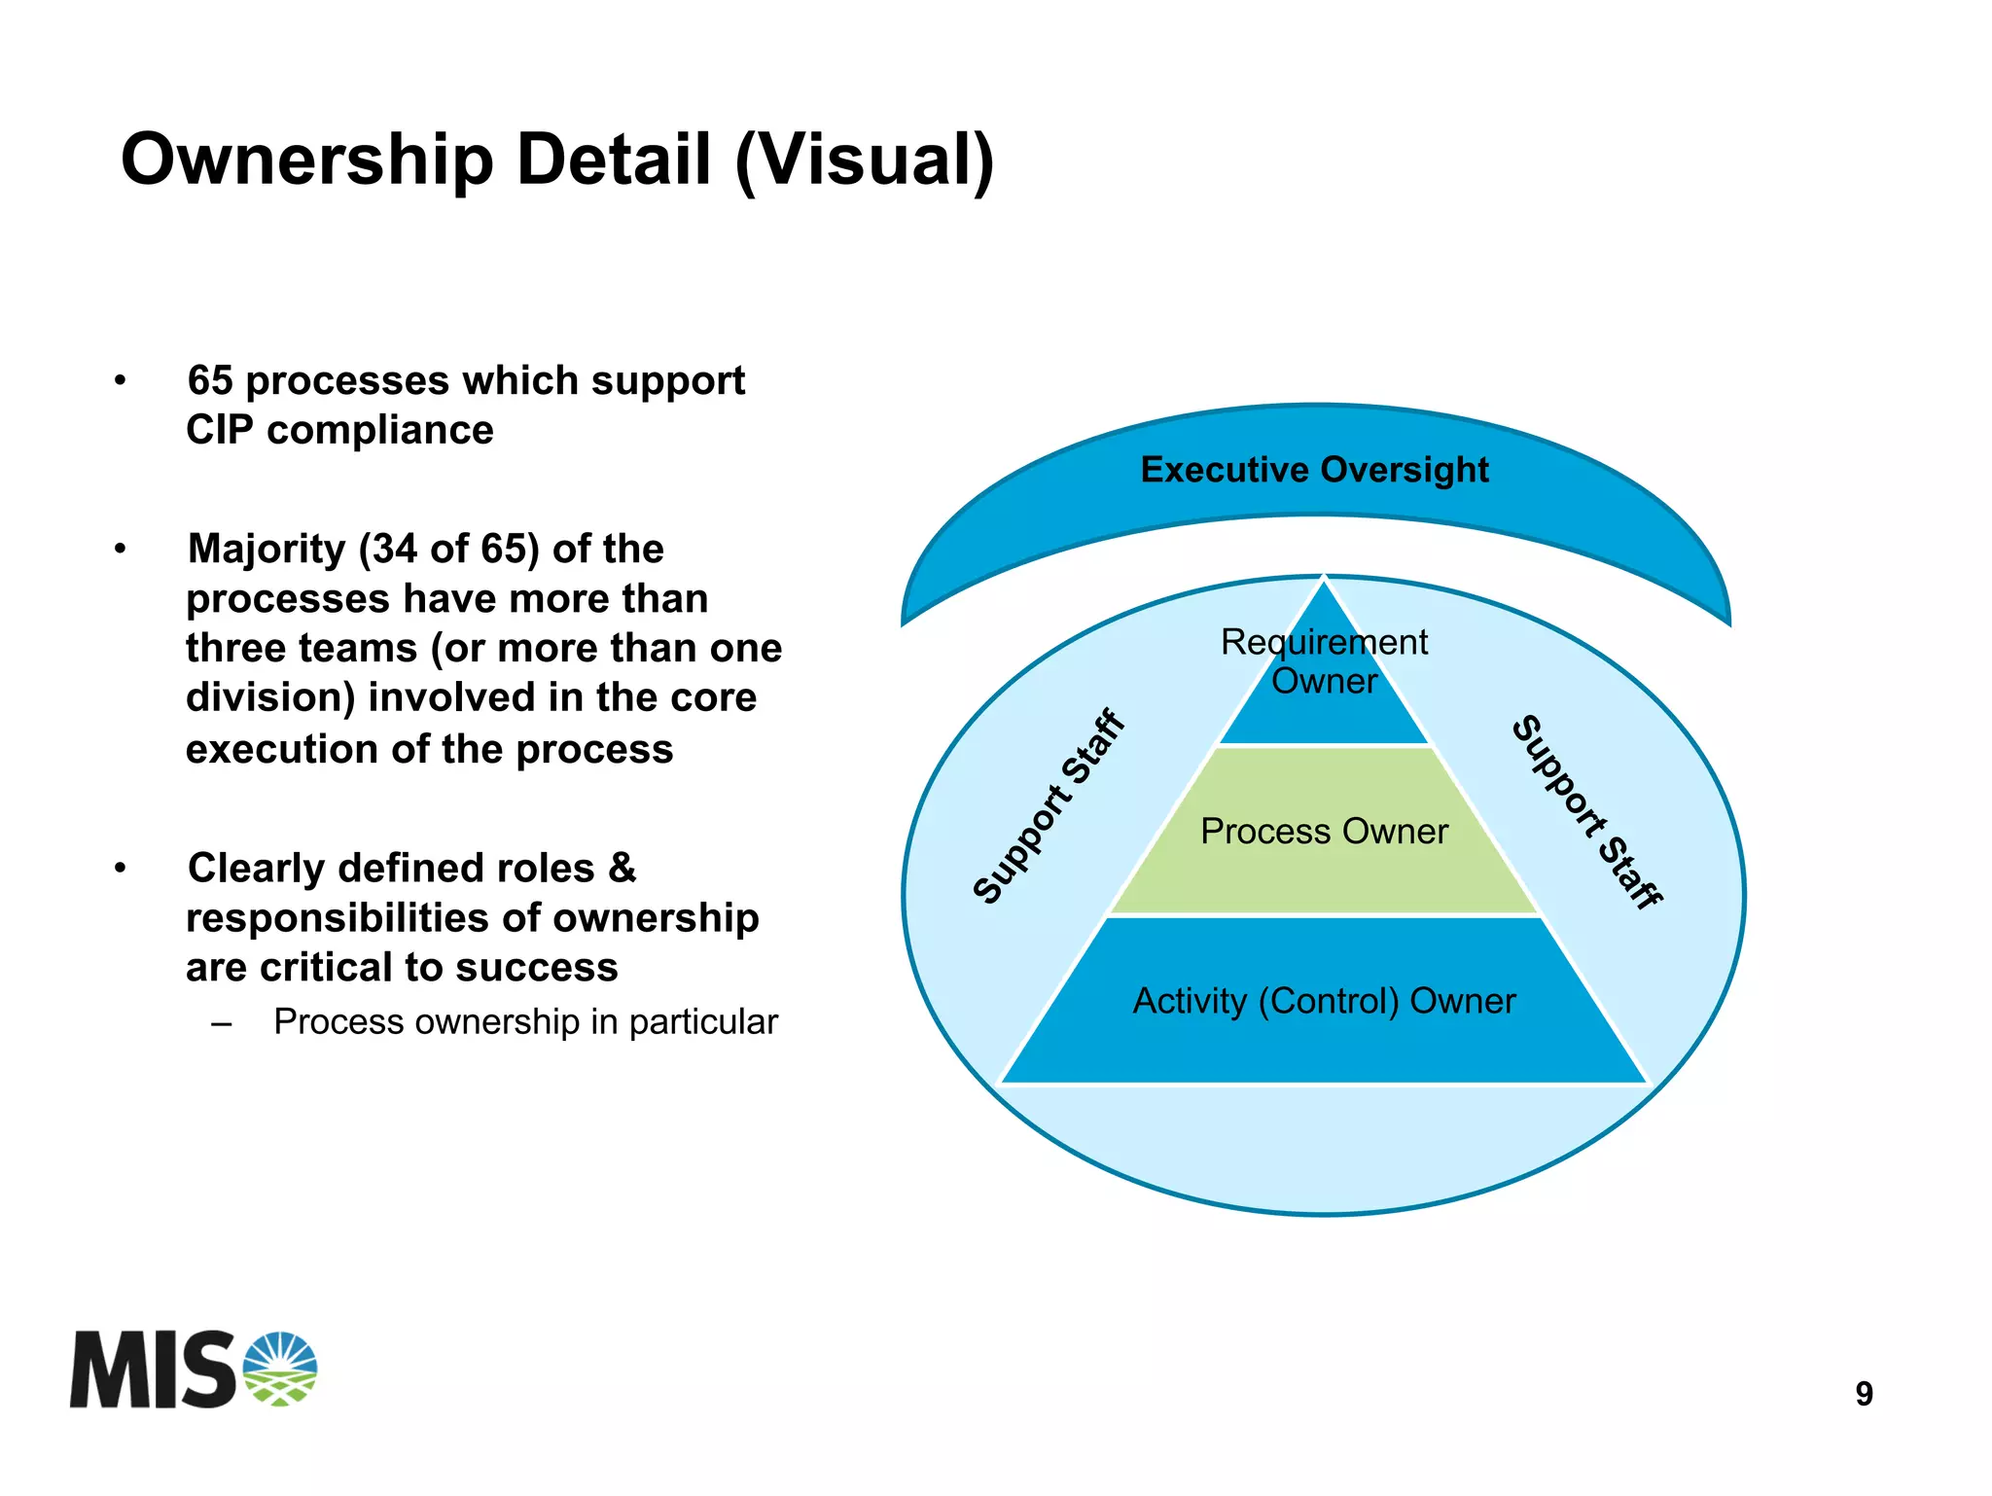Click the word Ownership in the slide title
pyautogui.click(x=307, y=160)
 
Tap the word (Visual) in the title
pyautogui.click(x=865, y=160)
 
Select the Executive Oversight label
pyautogui.click(x=1314, y=470)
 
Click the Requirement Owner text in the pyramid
pyautogui.click(x=1324, y=661)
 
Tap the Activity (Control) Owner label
pyautogui.click(x=1324, y=1001)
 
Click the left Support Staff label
pyautogui.click(x=1049, y=807)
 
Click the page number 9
pyautogui.click(x=1864, y=1394)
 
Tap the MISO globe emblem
pyautogui.click(x=280, y=1369)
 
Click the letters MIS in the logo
pyautogui.click(x=152, y=1370)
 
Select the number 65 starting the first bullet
pyautogui.click(x=210, y=380)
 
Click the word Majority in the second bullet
pyautogui.click(x=267, y=549)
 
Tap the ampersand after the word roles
pyautogui.click(x=622, y=868)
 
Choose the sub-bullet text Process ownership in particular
pyautogui.click(x=525, y=1021)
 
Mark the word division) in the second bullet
pyautogui.click(x=269, y=697)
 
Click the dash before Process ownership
pyautogui.click(x=222, y=1022)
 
